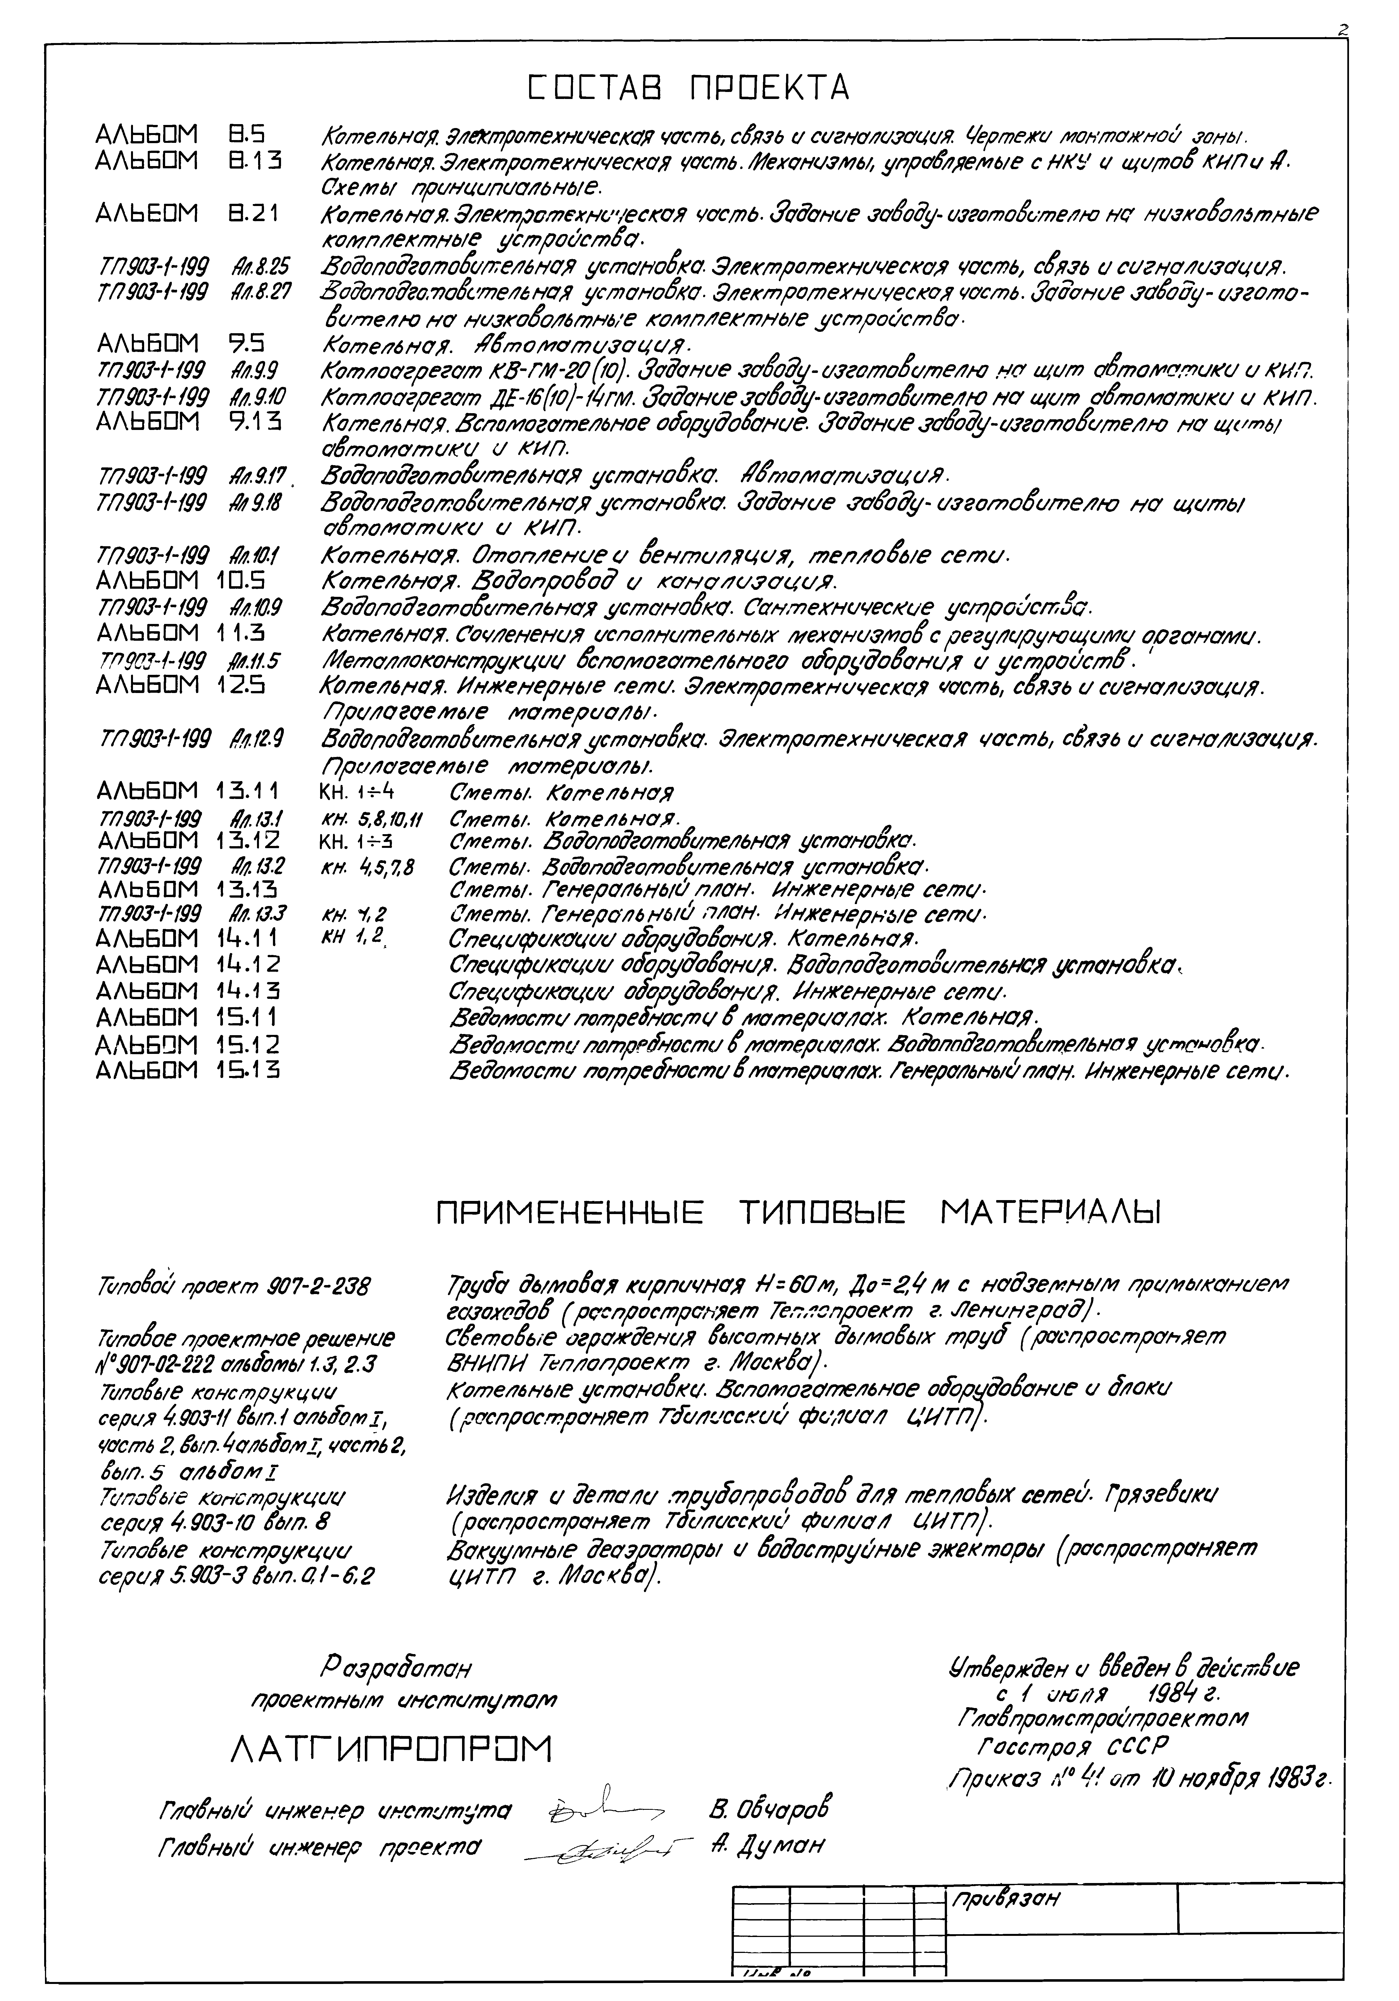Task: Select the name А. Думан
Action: (x=767, y=1845)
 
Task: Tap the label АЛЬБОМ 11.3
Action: (x=179, y=633)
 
